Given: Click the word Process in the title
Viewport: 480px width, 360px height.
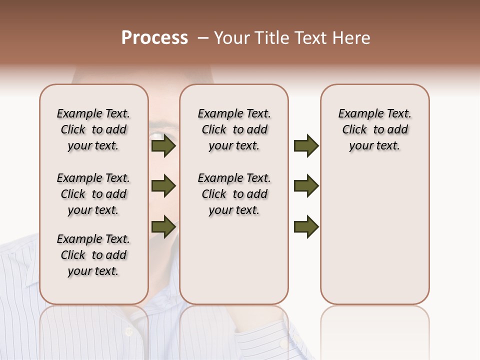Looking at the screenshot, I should point(154,38).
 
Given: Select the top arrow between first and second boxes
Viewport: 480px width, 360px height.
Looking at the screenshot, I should point(163,146).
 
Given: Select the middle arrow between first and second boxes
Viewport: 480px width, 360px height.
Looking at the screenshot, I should point(163,186).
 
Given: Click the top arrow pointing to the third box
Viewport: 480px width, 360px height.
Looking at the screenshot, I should point(306,146).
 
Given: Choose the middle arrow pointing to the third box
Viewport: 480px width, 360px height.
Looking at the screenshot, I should point(306,186).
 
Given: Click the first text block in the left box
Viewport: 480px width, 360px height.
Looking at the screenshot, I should point(93,129).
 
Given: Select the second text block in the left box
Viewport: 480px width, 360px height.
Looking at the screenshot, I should point(93,194).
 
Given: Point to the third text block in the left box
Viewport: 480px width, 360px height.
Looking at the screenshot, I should point(93,255).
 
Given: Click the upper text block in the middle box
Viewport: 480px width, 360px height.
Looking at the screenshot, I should point(234,129).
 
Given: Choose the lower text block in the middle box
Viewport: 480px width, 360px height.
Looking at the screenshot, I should point(234,194).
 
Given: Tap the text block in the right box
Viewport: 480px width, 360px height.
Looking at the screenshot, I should point(374,129).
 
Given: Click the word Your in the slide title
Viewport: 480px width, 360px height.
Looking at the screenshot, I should point(232,38).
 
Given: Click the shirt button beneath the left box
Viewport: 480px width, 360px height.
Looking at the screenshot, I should point(128,331).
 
